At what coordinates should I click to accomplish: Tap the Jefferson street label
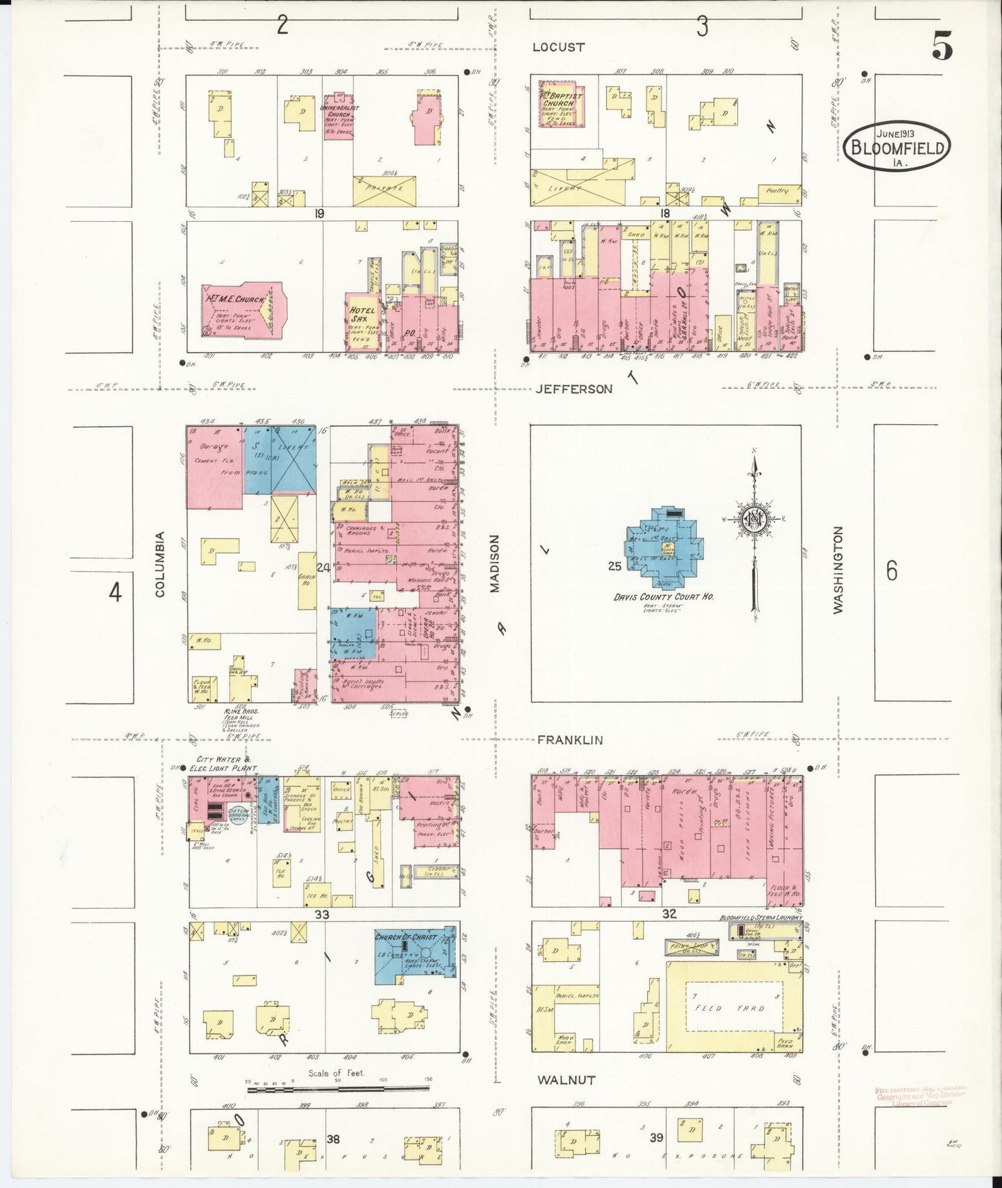coord(574,389)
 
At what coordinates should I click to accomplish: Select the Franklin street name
coord(570,740)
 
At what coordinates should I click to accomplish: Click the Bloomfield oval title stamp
coord(897,145)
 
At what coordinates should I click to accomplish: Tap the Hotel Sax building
coord(363,320)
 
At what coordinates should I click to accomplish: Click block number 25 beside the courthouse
coord(614,566)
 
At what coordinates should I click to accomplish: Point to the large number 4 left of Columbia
coord(115,593)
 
